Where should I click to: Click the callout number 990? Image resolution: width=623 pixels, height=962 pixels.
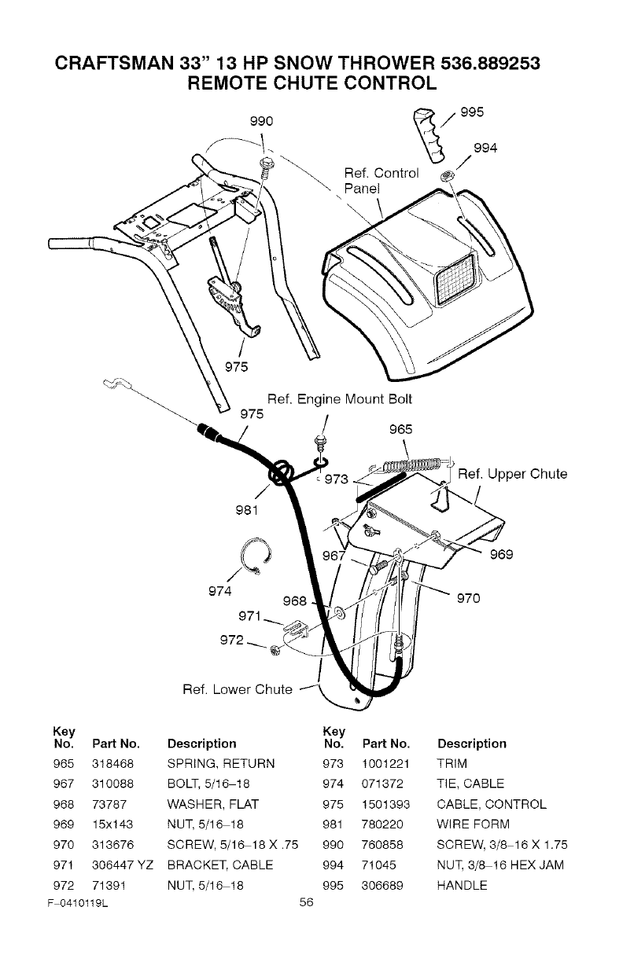point(260,121)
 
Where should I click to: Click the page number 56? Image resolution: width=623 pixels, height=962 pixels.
point(307,901)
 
